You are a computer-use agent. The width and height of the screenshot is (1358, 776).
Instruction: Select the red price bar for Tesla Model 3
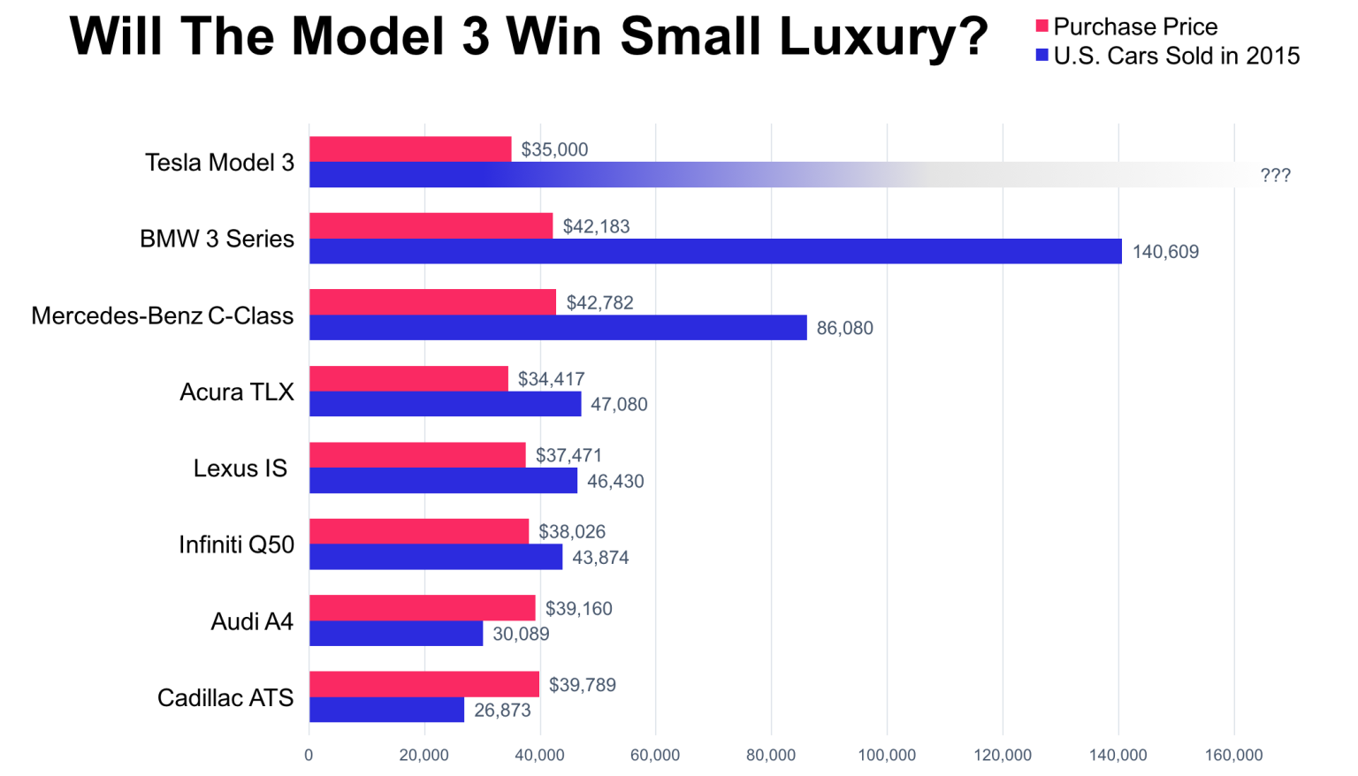pyautogui.click(x=410, y=149)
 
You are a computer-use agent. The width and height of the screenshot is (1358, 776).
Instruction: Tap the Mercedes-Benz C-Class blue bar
pyautogui.click(x=557, y=328)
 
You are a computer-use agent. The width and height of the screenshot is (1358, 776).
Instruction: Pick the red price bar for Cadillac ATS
pyautogui.click(x=423, y=684)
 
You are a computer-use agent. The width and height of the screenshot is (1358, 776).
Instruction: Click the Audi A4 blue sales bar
pyautogui.click(x=396, y=634)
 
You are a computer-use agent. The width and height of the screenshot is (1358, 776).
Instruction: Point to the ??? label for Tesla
pyautogui.click(x=1275, y=175)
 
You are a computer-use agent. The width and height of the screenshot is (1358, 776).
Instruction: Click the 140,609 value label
pyautogui.click(x=1165, y=252)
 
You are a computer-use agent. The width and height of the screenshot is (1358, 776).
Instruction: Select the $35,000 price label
pyautogui.click(x=554, y=149)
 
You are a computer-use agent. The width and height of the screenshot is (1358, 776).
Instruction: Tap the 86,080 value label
pyautogui.click(x=844, y=328)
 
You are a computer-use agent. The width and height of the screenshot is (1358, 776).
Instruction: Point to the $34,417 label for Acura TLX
pyautogui.click(x=551, y=379)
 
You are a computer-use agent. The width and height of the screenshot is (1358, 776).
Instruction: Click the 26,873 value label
pyautogui.click(x=502, y=711)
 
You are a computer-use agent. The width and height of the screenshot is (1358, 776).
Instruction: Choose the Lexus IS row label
pyautogui.click(x=240, y=468)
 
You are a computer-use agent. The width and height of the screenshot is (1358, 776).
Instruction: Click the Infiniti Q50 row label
pyautogui.click(x=236, y=544)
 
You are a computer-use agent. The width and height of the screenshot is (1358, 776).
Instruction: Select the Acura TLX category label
pyautogui.click(x=236, y=392)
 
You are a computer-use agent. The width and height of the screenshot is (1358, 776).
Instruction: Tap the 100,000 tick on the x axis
pyautogui.click(x=887, y=755)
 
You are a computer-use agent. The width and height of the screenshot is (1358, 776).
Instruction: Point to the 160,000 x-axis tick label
pyautogui.click(x=1233, y=755)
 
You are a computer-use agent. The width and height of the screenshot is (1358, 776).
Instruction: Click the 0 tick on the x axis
pyautogui.click(x=309, y=755)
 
